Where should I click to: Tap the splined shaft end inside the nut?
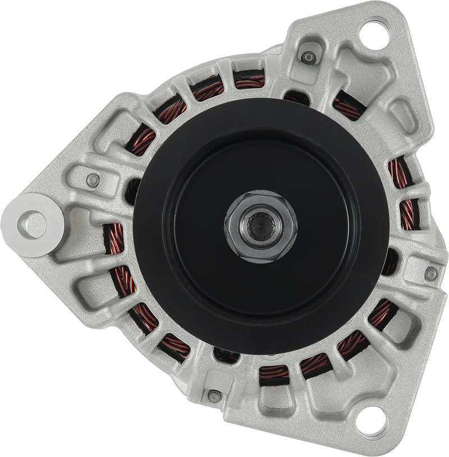[260, 226]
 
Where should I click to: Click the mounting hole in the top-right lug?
[374, 34]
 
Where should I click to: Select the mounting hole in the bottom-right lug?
[372, 421]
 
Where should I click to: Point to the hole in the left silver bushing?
[32, 225]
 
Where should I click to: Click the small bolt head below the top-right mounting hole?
[308, 57]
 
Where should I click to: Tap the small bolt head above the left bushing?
[93, 180]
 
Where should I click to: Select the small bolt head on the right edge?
[430, 273]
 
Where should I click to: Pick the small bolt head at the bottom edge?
[214, 396]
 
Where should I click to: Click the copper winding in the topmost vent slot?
[249, 81]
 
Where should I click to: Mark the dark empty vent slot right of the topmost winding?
[296, 97]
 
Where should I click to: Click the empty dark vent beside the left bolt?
[132, 191]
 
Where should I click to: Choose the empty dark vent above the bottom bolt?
[226, 355]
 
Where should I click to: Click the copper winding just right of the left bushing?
[115, 239]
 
